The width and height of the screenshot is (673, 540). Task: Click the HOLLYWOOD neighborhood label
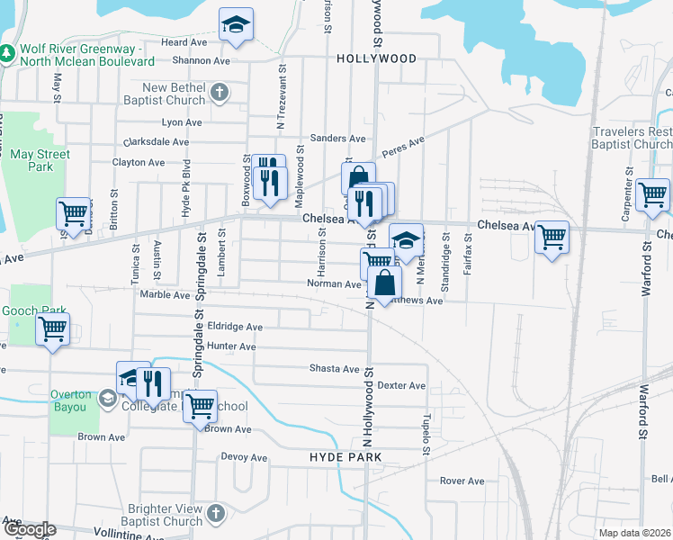[x=377, y=58]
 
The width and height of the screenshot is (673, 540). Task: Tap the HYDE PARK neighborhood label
[x=345, y=458]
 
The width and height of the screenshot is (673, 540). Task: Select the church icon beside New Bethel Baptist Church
[x=219, y=92]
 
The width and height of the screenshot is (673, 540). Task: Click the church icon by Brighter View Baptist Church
[x=214, y=513]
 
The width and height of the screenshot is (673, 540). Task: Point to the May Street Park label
[x=40, y=160]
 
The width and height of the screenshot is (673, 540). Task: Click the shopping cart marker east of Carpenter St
[x=652, y=194]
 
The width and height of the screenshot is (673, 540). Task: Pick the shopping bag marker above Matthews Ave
[x=384, y=282]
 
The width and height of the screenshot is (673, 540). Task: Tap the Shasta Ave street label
[x=335, y=369]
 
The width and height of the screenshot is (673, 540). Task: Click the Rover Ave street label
[x=462, y=481]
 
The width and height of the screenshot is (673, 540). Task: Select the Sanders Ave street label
[x=337, y=139]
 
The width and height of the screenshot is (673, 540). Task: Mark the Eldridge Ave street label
[x=235, y=328]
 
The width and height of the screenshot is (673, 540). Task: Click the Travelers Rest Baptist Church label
[x=633, y=138]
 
